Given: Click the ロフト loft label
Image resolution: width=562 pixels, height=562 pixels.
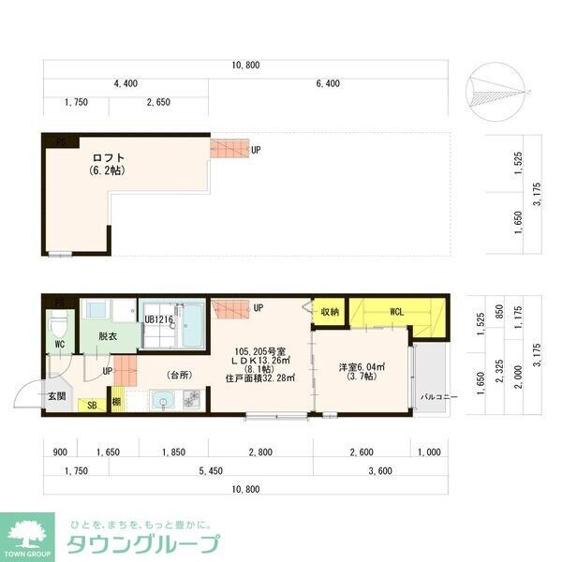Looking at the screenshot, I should tap(108, 157).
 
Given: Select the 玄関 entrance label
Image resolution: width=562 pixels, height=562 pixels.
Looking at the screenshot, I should tap(56, 395).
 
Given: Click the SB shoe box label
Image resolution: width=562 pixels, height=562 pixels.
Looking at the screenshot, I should tap(92, 405).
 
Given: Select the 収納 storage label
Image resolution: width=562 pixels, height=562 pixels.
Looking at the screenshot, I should tap(328, 312).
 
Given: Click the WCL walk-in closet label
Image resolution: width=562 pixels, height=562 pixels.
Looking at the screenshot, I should tap(396, 312).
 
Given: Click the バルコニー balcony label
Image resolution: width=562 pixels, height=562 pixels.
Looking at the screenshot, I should tap(438, 396).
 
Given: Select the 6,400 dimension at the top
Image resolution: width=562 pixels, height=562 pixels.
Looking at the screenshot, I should tap(328, 83).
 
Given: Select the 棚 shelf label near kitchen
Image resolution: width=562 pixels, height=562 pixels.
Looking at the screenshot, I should tap(115, 403).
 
